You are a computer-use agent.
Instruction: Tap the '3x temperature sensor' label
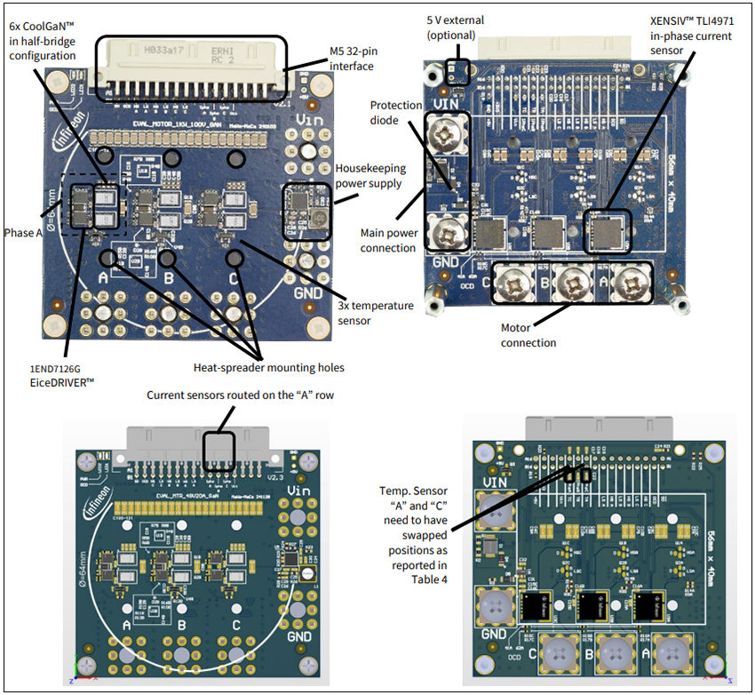pos(376,313)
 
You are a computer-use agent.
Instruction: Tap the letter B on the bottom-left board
pos(181,625)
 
